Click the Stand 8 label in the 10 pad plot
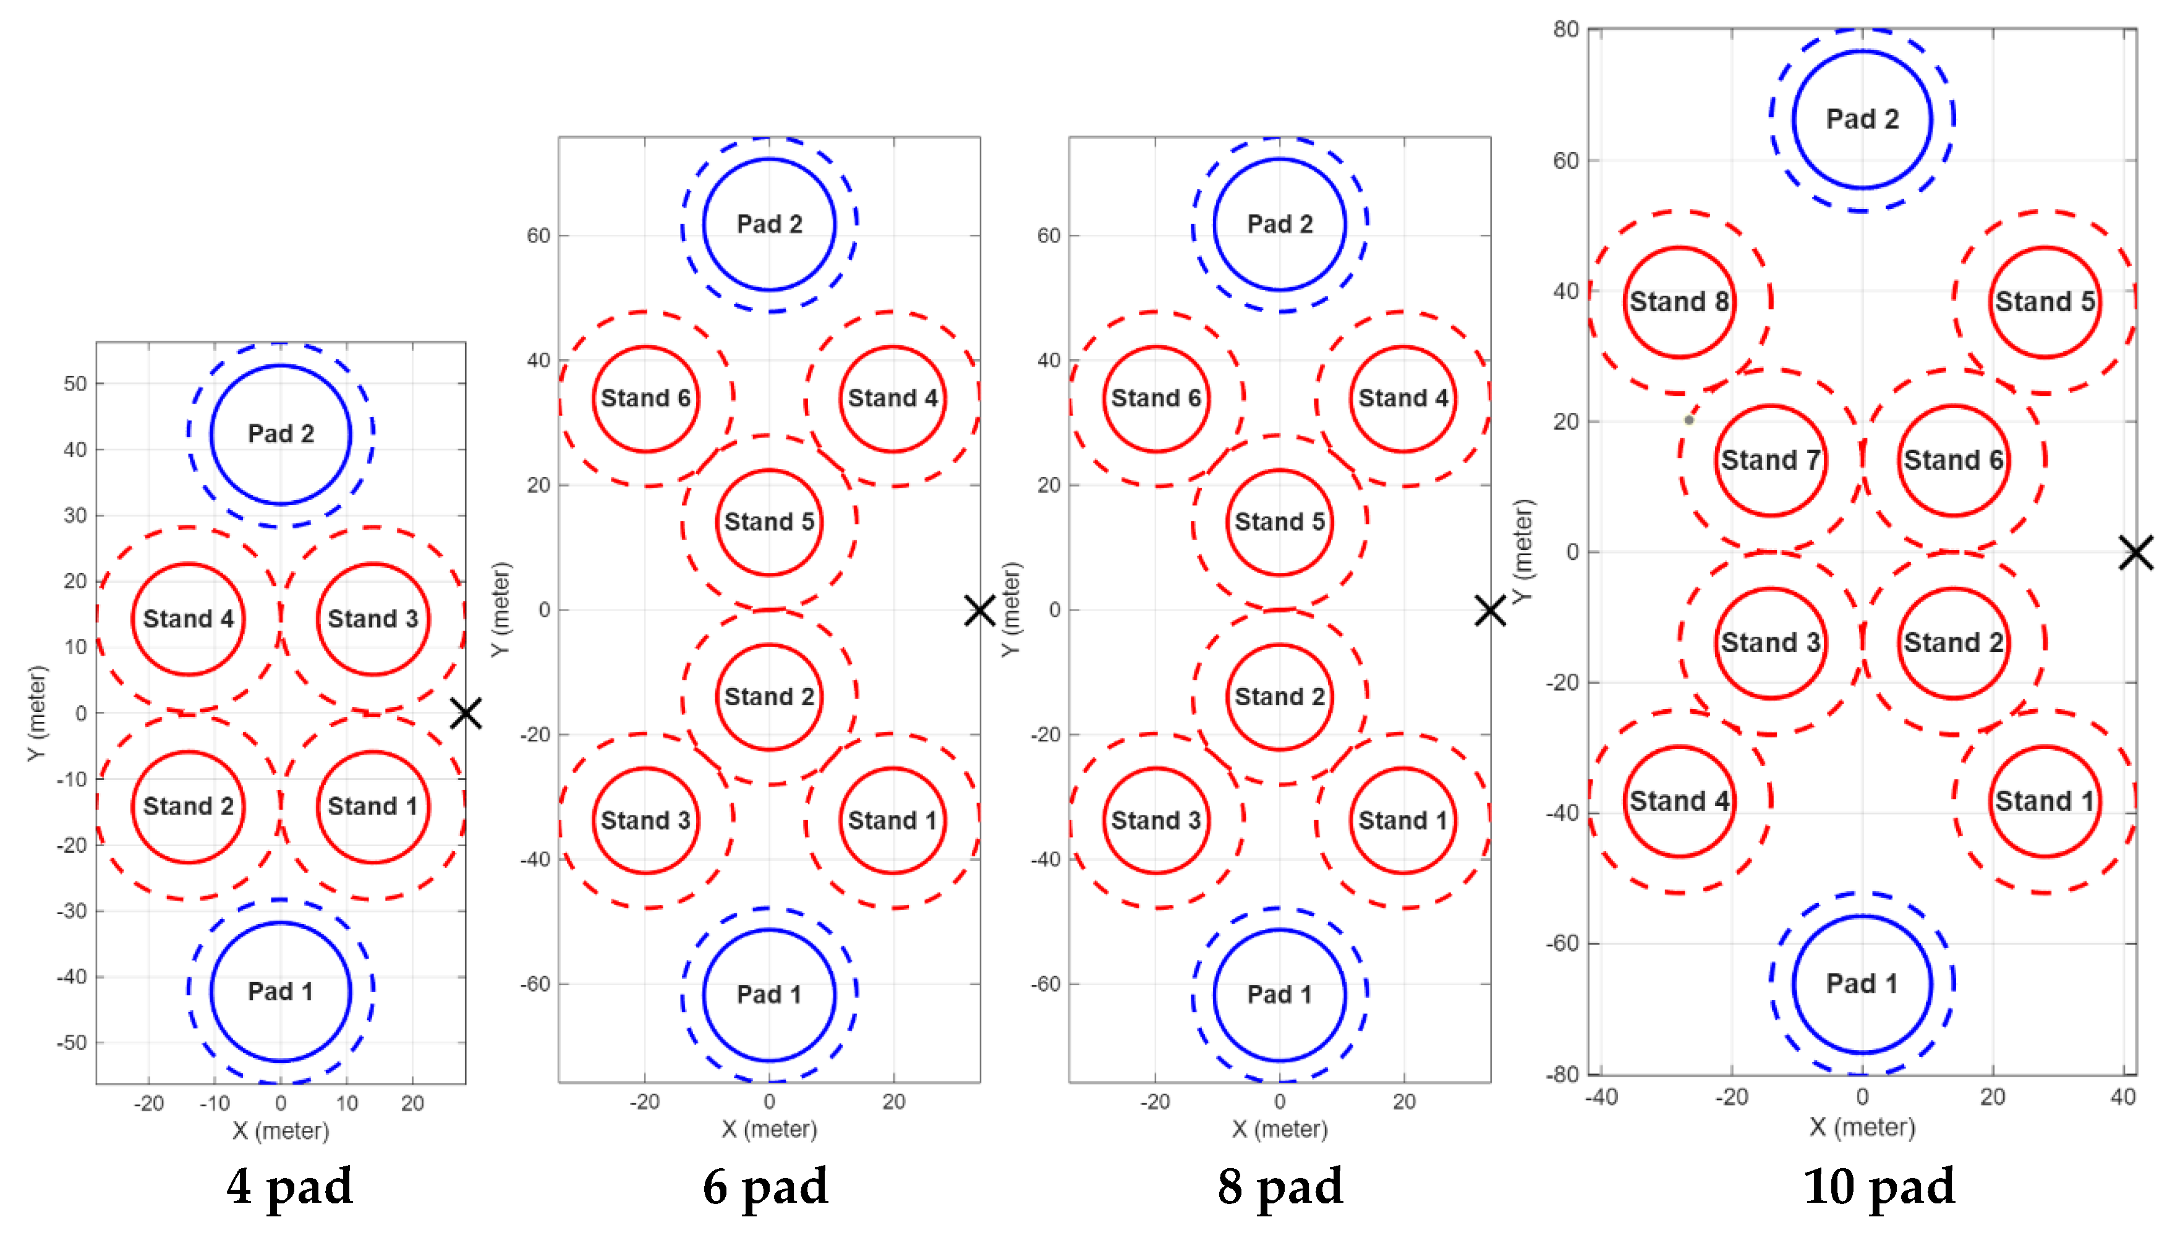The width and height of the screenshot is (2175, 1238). (1679, 302)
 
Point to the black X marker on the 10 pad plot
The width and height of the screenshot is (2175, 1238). (2135, 553)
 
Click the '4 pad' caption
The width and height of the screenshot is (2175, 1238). (289, 1186)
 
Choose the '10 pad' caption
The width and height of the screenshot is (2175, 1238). (1878, 1186)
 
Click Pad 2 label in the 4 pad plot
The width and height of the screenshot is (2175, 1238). (281, 434)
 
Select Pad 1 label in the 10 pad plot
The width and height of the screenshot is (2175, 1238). (1862, 984)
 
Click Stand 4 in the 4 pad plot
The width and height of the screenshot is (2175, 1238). (188, 619)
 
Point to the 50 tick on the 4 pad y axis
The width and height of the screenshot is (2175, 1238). (75, 383)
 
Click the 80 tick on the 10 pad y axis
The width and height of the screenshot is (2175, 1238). (1565, 30)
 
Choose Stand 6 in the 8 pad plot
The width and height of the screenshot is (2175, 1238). (1156, 398)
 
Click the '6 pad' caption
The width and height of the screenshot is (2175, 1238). (765, 1186)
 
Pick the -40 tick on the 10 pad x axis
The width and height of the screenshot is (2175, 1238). (1601, 1097)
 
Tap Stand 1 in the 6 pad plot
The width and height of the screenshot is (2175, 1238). (892, 821)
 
